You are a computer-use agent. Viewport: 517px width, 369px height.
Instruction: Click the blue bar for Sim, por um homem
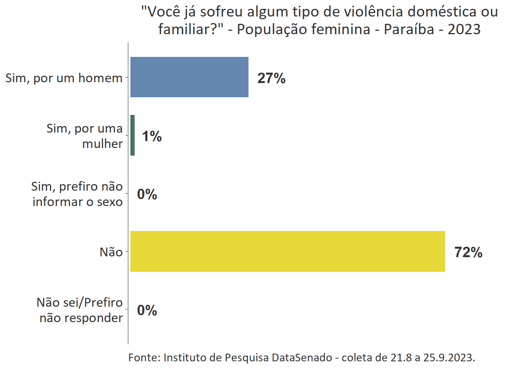click(189, 77)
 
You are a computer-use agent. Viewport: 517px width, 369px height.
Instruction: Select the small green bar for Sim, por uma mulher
click(133, 135)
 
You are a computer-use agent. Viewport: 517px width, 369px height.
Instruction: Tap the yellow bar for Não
click(287, 251)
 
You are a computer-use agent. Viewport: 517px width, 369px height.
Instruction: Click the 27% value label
click(271, 78)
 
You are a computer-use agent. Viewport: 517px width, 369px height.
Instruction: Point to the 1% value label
click(152, 136)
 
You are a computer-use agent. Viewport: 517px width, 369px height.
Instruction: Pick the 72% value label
click(468, 253)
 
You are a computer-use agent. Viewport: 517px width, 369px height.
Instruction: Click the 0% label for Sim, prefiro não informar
click(147, 194)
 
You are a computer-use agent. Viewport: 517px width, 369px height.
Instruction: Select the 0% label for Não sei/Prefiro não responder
click(147, 311)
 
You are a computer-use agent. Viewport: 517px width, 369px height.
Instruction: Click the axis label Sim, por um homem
click(64, 78)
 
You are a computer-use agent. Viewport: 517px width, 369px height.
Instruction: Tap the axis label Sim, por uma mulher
click(85, 136)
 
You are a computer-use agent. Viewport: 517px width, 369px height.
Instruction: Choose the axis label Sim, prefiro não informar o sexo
click(77, 194)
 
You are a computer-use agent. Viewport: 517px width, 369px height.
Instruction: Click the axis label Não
click(111, 252)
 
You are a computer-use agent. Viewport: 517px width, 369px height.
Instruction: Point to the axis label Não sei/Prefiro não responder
click(80, 310)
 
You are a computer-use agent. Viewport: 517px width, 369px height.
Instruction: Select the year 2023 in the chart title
click(464, 29)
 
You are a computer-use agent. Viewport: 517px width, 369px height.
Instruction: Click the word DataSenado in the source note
click(302, 358)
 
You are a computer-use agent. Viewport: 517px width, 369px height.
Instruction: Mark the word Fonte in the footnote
click(144, 358)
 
